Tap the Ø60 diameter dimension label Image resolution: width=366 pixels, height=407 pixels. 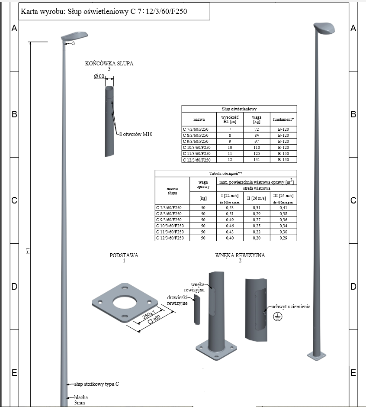click(x=99, y=76)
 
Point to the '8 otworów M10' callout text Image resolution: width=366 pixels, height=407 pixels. click(x=136, y=134)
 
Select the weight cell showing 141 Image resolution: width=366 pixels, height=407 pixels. click(x=257, y=160)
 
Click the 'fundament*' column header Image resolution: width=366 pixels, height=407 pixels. click(x=283, y=120)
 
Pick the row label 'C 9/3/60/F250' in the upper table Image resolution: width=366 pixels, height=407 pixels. click(x=196, y=142)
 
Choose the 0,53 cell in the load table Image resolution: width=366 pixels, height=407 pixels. click(x=230, y=208)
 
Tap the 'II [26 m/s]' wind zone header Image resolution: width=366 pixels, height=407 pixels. click(x=257, y=198)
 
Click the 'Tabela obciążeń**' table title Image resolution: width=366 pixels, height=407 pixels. click(x=226, y=173)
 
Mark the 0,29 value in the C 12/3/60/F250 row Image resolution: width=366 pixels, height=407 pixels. click(x=283, y=238)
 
